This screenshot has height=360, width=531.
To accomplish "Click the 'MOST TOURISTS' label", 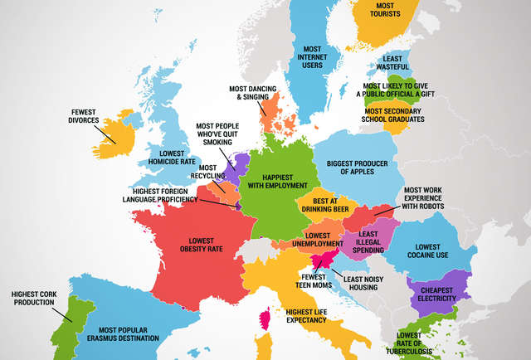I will [x=373, y=12].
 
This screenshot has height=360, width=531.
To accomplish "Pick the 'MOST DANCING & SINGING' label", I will [x=250, y=93].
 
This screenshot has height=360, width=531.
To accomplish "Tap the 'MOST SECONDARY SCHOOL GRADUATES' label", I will [x=394, y=114].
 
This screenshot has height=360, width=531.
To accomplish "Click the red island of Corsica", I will [x=266, y=320].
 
